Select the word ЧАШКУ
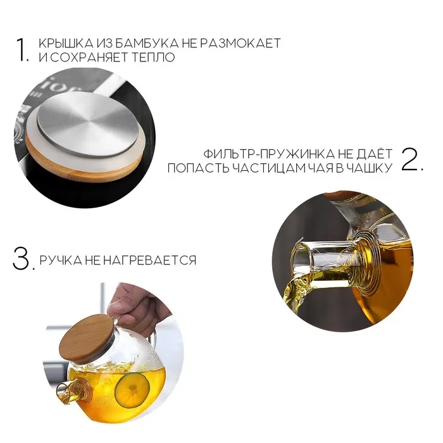(x=370, y=168)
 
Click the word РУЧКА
(x=60, y=260)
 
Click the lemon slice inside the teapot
(x=132, y=390)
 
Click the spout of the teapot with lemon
(x=66, y=392)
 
